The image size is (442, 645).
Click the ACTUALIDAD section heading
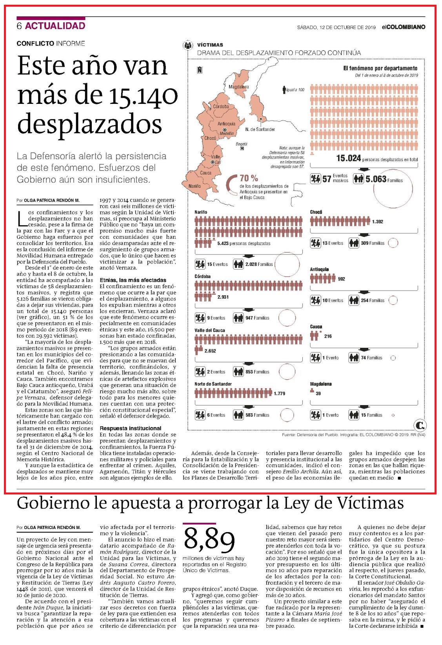point(55,26)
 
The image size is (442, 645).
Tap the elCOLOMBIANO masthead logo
point(404,27)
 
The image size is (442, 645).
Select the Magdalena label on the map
point(239,87)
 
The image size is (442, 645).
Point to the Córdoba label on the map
point(221,107)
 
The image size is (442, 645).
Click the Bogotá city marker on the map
point(242,149)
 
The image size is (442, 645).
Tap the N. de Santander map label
point(260,129)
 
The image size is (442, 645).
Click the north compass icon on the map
point(200,70)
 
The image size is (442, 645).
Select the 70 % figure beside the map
point(249,178)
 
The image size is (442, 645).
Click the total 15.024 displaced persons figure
point(348,158)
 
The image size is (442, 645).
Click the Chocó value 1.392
point(378,222)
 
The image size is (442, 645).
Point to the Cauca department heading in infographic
point(316,327)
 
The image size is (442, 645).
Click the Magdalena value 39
point(318,393)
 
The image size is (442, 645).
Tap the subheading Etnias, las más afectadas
point(133,280)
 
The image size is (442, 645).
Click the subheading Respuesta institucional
point(131,428)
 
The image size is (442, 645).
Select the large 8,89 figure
point(209,540)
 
